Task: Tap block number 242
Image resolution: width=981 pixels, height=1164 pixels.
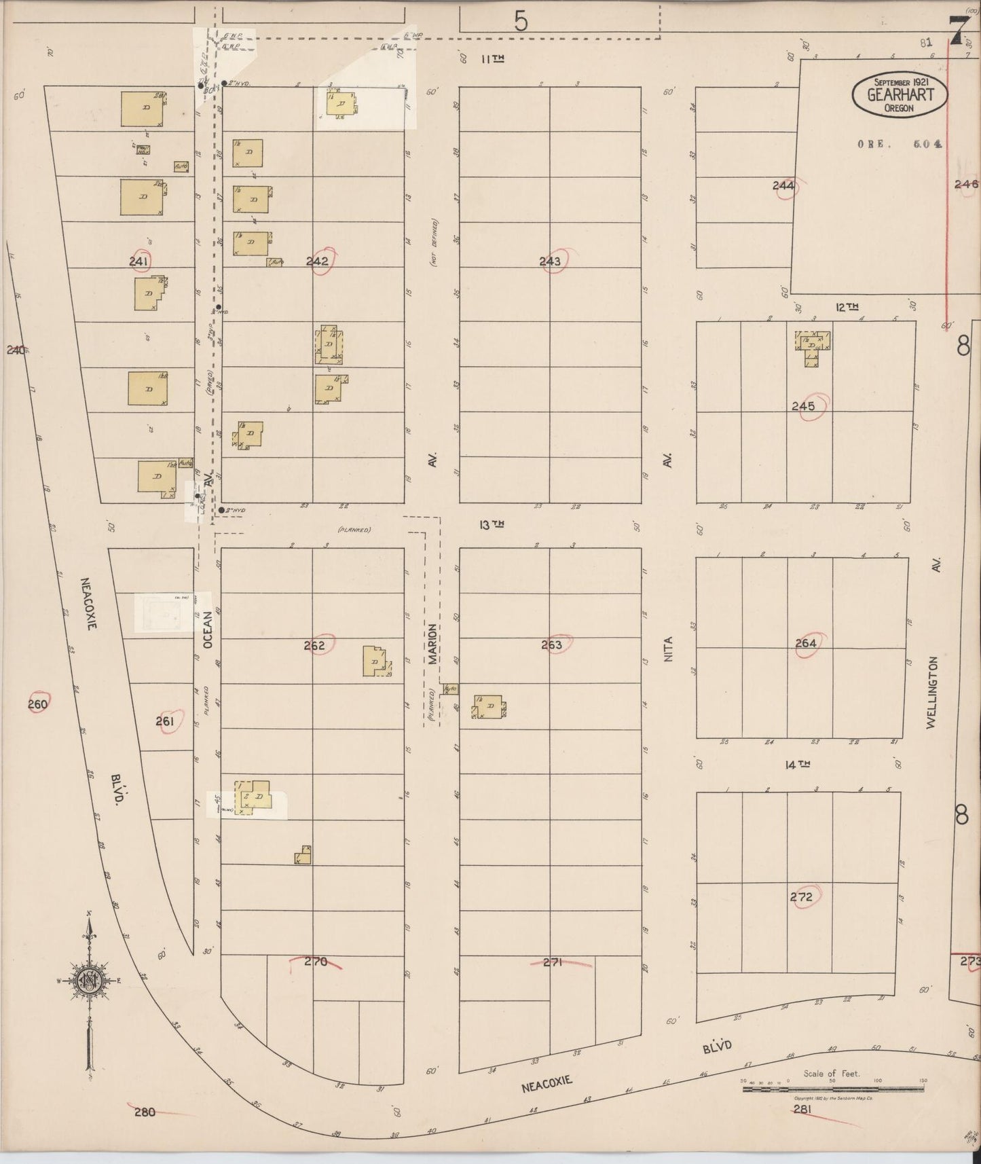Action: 317,261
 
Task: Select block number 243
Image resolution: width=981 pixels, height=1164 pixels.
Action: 550,261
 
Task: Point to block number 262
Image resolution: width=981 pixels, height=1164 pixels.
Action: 314,645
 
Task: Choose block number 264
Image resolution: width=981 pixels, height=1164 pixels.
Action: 806,642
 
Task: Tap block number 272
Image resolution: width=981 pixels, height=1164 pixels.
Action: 801,896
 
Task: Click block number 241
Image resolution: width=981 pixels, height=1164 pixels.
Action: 139,260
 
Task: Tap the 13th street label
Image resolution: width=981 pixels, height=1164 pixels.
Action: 493,524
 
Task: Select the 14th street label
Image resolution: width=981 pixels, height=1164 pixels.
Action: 798,765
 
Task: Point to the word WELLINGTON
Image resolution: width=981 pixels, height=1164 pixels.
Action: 933,693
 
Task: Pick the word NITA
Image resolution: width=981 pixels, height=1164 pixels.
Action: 667,649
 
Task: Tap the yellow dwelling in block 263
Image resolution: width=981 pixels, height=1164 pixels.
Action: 489,707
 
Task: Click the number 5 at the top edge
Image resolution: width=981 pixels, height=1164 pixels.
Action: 521,22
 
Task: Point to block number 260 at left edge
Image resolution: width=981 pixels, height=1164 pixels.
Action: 38,704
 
